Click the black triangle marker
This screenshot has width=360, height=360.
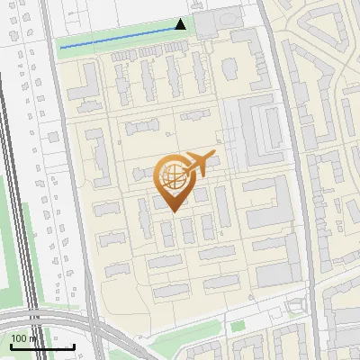tap(181, 24)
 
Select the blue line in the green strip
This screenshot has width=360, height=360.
tap(117, 37)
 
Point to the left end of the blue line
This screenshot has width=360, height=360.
tap(60, 47)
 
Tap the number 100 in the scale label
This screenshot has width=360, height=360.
tap(18, 338)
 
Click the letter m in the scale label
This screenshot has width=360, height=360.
tap(33, 338)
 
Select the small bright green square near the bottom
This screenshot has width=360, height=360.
tap(238, 326)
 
